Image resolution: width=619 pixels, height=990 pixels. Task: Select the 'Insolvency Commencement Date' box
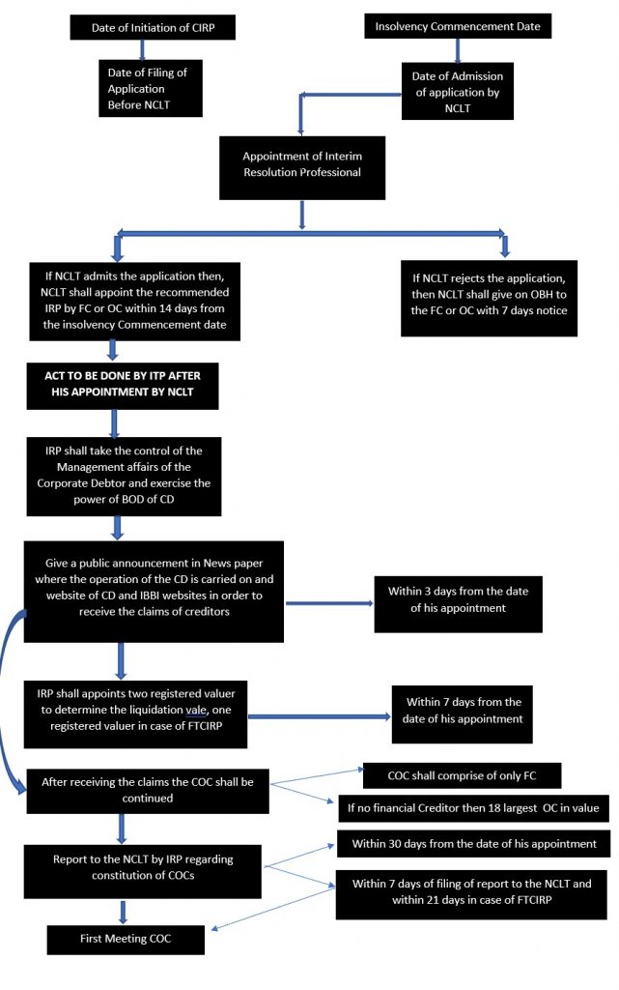[x=458, y=26]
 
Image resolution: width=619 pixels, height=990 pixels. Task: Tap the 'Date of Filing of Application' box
[x=150, y=86]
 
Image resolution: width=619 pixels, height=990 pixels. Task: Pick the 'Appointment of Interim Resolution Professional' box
[x=302, y=163]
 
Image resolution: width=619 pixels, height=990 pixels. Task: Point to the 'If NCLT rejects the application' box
[x=490, y=298]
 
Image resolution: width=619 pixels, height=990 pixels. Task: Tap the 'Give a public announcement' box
[x=154, y=590]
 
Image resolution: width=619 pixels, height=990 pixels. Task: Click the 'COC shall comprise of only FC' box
[x=461, y=775]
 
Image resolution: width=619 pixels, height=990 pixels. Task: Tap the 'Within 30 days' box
[x=472, y=844]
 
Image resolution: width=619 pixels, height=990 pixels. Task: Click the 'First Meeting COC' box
[x=127, y=940]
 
